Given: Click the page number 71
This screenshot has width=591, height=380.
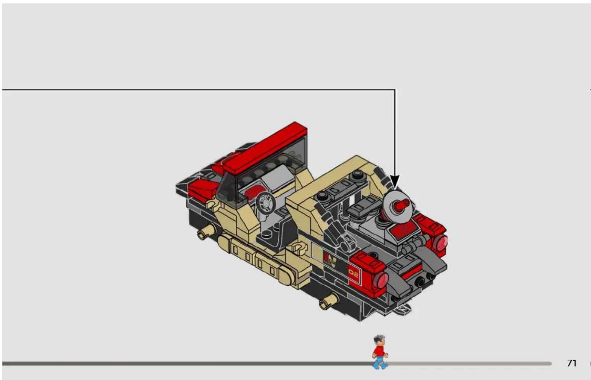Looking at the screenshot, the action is pos(572,363).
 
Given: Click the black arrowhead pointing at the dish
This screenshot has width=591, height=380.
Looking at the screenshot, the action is pos(395,182).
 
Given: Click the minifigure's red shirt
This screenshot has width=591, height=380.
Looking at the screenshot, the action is pos(379,352).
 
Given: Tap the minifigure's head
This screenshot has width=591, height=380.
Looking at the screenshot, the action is pos(379,341).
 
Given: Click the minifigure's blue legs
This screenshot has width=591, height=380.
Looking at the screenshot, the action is pos(380,363).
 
